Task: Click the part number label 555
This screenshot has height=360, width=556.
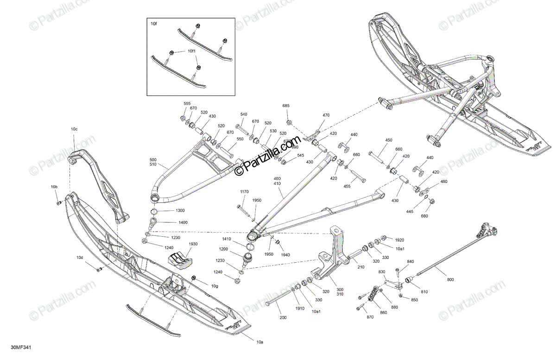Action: (187, 104)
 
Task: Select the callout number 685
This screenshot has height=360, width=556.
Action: (286, 106)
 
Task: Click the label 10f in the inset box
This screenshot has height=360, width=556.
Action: (154, 22)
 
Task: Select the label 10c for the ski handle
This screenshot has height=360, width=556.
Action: (74, 129)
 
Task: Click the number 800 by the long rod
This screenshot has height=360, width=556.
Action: (451, 279)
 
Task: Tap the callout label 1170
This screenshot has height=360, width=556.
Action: (244, 192)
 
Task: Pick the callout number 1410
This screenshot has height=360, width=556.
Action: (226, 240)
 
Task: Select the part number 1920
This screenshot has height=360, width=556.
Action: (400, 240)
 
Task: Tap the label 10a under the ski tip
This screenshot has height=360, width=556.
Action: (259, 342)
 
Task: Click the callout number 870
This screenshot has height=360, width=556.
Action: (369, 316)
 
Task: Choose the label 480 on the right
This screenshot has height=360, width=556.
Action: (444, 182)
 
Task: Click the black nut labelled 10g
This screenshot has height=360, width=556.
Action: (193, 278)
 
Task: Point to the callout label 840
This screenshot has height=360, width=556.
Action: (411, 262)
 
